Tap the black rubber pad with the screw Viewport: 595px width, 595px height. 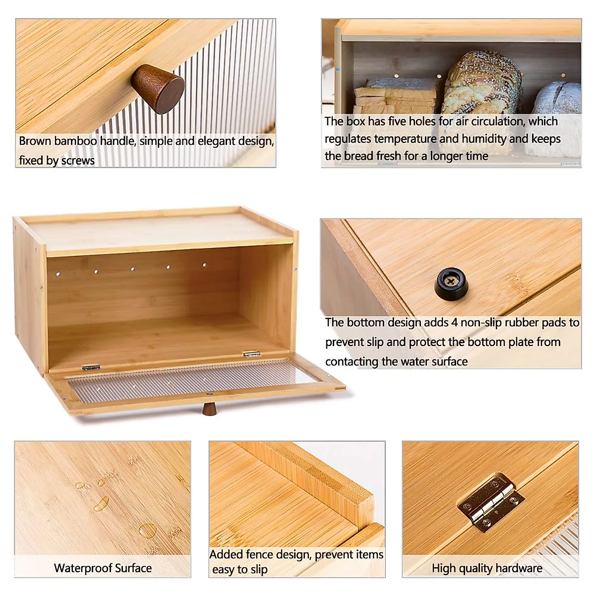pyautogui.click(x=452, y=283)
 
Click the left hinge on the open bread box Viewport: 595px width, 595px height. pyautogui.click(x=91, y=367)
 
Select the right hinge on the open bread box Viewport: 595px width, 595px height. pyautogui.click(x=252, y=354)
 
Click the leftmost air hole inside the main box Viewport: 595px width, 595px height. pyautogui.click(x=58, y=273)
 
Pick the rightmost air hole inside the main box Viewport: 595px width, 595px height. pyautogui.click(x=204, y=265)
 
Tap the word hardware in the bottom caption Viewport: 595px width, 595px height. pyautogui.click(x=519, y=568)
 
